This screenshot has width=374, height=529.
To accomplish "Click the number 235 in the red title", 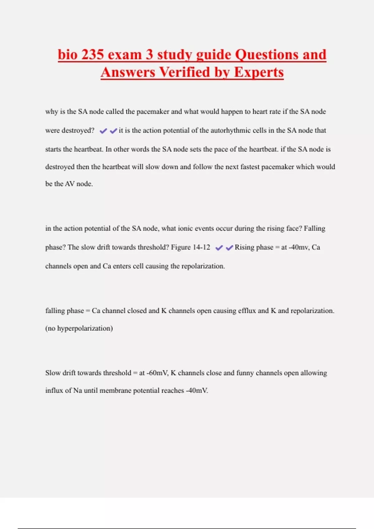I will [92, 54].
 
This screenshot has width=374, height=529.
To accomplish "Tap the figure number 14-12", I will [201, 247].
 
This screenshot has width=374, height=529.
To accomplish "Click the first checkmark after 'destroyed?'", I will [103, 131].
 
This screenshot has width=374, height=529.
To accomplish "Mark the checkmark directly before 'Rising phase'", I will [229, 248].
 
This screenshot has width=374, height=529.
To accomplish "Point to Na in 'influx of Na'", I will [78, 391].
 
